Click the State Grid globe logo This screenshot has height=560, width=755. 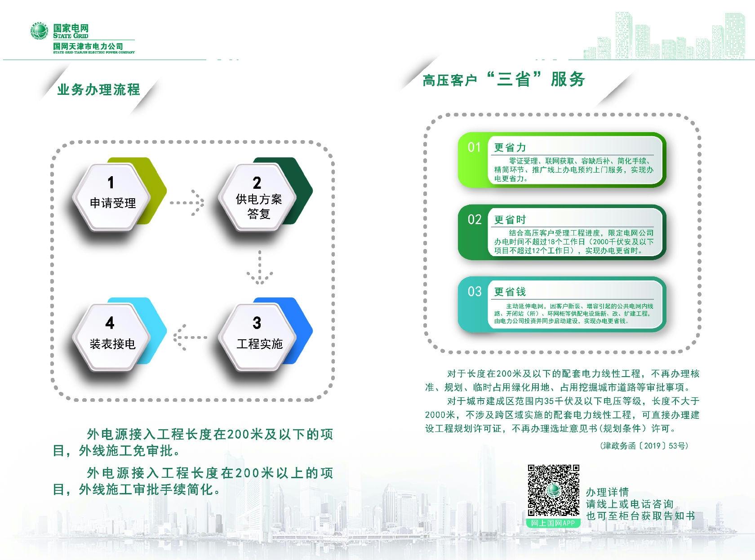[x=39, y=31]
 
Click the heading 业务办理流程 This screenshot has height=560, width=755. [x=99, y=89]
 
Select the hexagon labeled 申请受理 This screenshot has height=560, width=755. [x=111, y=197]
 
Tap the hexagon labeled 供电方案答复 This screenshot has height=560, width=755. [x=258, y=197]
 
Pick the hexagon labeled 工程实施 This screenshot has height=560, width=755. [x=258, y=337]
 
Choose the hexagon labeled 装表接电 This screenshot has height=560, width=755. [x=111, y=337]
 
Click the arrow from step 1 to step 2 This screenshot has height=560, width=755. [x=187, y=203]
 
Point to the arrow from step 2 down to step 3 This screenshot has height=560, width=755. [x=260, y=267]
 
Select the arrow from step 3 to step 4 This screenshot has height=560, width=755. [x=190, y=338]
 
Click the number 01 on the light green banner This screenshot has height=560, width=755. [x=474, y=147]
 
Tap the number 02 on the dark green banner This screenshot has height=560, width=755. [x=475, y=220]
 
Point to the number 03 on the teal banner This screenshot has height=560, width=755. [x=475, y=292]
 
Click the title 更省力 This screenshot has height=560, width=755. [x=510, y=148]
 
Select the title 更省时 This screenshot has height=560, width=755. [x=510, y=220]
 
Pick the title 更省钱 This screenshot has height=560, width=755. [x=510, y=292]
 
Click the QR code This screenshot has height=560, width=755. [x=554, y=490]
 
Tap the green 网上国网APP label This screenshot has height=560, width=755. [x=553, y=523]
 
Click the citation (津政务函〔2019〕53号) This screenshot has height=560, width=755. [x=644, y=445]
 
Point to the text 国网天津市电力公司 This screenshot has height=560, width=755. [x=88, y=46]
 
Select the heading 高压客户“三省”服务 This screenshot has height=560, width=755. [x=503, y=80]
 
